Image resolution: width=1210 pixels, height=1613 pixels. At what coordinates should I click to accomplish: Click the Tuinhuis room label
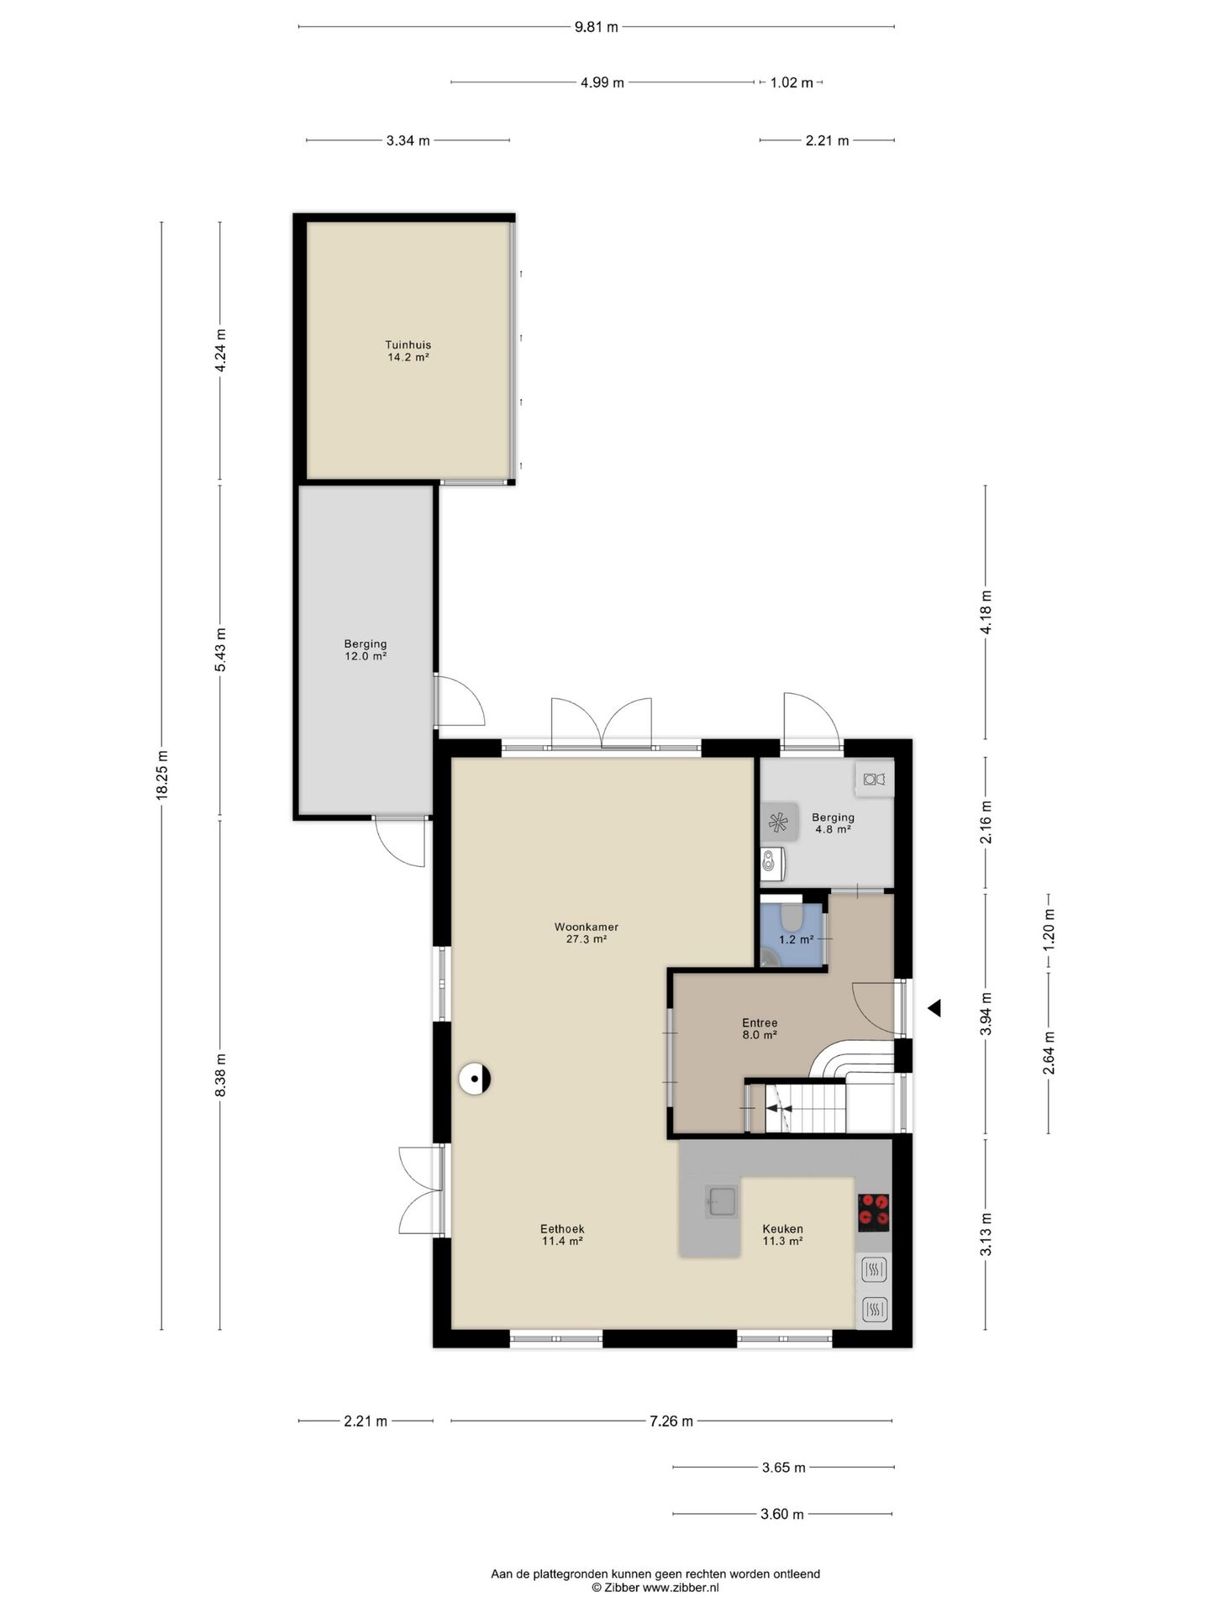408,350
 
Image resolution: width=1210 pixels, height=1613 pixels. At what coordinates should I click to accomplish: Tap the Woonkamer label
587,933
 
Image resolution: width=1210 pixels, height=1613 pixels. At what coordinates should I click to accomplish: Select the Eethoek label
562,1235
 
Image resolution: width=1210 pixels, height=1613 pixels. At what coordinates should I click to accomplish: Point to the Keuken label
782,1235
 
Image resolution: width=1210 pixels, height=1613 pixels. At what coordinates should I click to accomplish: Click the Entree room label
760,1029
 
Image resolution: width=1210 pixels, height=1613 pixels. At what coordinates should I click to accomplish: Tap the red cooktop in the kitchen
873,1212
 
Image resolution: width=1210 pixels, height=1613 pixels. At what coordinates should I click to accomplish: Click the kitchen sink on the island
721,1202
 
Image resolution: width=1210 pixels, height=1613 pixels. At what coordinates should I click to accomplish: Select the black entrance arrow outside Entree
934,1008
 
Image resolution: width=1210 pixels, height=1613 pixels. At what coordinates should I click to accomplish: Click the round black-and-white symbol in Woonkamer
475,1079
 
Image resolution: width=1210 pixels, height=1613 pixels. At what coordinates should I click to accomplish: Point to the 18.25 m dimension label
162,775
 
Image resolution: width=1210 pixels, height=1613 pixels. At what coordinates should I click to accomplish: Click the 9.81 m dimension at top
596,27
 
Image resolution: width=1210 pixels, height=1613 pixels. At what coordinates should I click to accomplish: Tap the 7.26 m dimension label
671,1421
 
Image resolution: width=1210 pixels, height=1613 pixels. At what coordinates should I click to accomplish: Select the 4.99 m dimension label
602,82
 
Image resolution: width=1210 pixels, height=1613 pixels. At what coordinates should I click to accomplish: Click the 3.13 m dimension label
986,1235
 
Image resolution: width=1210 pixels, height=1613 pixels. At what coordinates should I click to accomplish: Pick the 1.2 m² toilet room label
796,939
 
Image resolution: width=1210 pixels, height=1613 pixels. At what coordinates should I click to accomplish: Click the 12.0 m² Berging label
366,650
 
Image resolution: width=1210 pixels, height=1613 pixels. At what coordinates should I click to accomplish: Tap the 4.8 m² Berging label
833,822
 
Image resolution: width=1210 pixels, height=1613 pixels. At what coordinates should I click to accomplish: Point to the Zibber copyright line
655,1588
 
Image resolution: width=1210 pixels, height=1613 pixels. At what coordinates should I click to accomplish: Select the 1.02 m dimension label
792,82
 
